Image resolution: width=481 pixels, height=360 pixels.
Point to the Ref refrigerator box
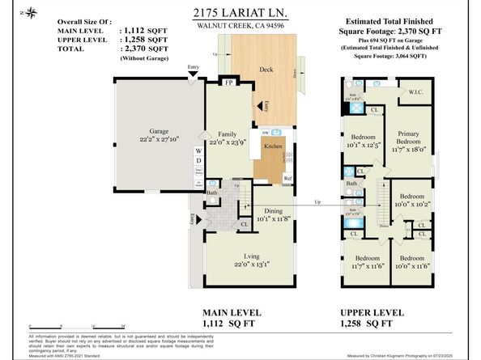tap(287, 178)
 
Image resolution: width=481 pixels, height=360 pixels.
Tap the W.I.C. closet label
tap(418, 92)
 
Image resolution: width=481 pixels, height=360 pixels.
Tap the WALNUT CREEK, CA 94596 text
tap(240, 26)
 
